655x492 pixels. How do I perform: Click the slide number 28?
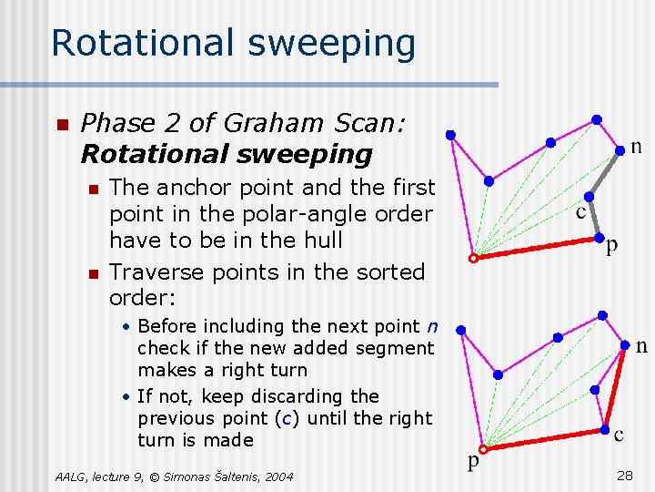pos(625,476)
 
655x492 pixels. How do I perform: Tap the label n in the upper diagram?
pos(636,146)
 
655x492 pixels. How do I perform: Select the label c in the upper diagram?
pos(580,213)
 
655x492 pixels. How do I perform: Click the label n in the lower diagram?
pos(641,345)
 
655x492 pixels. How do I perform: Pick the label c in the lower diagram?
pos(619,435)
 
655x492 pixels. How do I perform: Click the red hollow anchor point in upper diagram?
pos(473,259)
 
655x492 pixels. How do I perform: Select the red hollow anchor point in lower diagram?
pos(484,449)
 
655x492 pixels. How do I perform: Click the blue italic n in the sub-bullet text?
pos(432,326)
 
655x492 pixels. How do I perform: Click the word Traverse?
pos(156,272)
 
